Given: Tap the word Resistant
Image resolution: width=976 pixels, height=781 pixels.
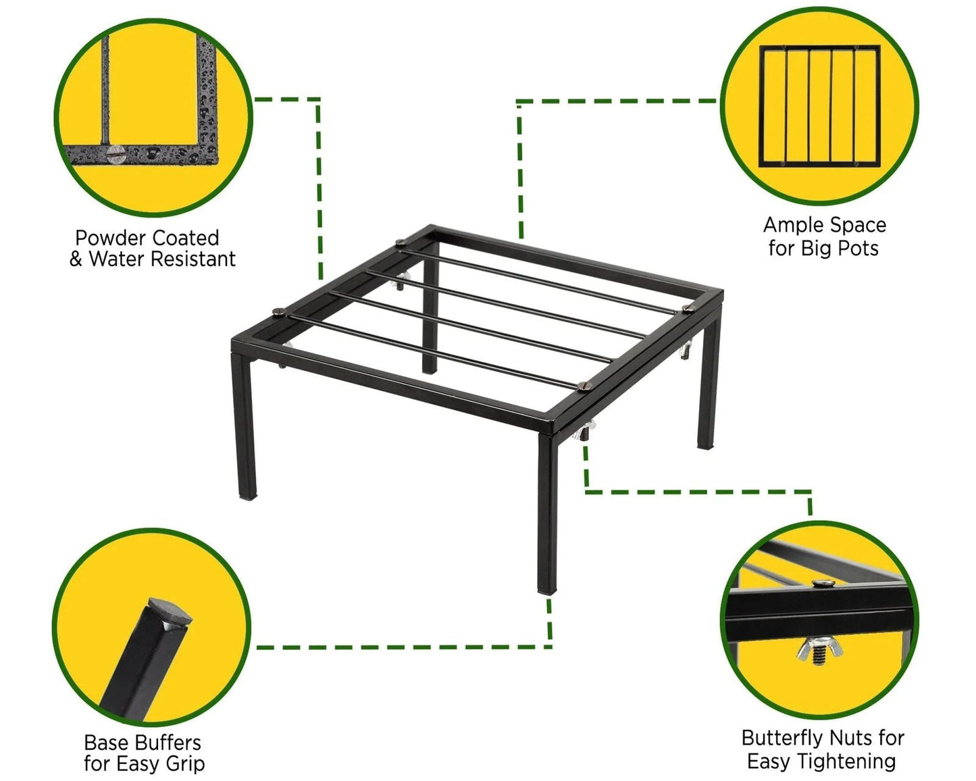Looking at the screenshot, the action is click(x=193, y=259).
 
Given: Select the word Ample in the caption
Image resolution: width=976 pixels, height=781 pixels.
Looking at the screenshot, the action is click(x=792, y=226).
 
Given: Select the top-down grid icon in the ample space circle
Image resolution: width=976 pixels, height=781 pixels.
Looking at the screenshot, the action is click(x=820, y=105).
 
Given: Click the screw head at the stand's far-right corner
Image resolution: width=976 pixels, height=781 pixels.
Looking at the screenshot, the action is click(x=688, y=309).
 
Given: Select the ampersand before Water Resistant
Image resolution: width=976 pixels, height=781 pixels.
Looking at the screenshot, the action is click(x=76, y=259).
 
